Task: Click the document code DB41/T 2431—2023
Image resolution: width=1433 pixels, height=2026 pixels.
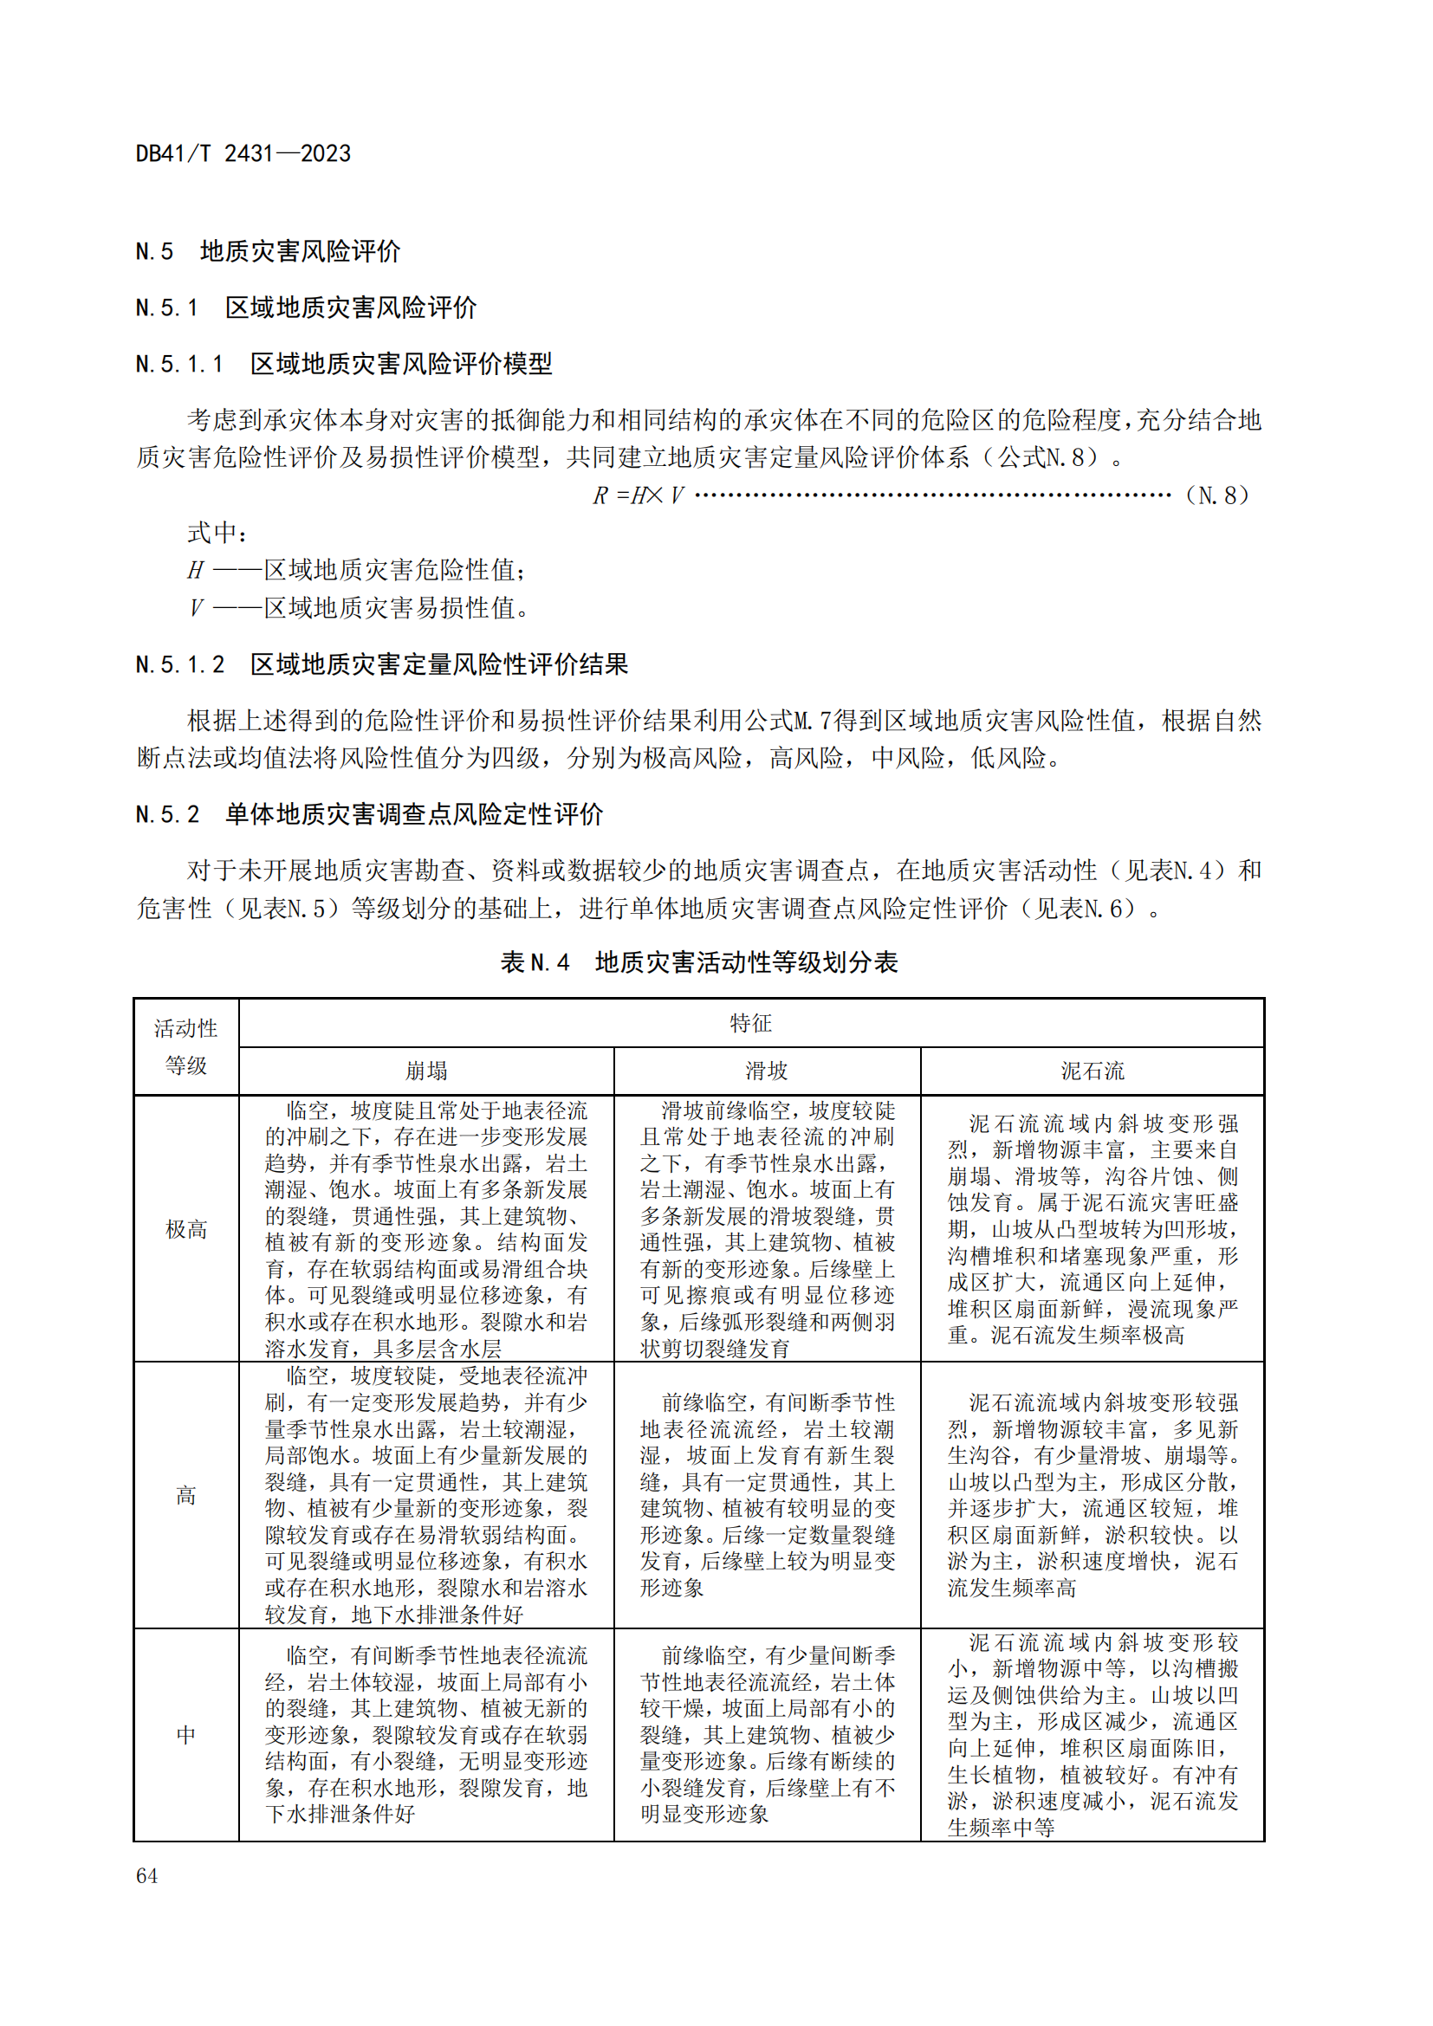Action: [x=243, y=153]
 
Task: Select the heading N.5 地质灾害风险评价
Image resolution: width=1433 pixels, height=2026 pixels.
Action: [x=268, y=251]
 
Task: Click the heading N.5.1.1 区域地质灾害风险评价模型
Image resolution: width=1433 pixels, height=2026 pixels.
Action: [x=343, y=364]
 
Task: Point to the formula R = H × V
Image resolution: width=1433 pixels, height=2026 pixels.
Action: [x=638, y=496]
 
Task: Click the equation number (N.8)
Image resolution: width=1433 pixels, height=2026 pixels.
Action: [x=1216, y=496]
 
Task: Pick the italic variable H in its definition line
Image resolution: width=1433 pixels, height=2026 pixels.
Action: [x=195, y=571]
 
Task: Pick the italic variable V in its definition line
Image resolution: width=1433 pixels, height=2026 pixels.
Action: [x=195, y=608]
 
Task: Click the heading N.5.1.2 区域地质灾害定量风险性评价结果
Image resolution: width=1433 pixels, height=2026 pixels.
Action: [x=381, y=664]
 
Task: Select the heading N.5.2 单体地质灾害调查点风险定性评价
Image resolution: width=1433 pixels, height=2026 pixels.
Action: [x=369, y=813]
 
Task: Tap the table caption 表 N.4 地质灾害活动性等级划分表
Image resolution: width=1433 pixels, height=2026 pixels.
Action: [x=699, y=961]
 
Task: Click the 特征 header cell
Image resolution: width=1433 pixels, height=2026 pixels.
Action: [x=750, y=1024]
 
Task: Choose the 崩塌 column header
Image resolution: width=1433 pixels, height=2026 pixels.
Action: [x=426, y=1071]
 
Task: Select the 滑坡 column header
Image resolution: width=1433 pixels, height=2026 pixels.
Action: [x=766, y=1071]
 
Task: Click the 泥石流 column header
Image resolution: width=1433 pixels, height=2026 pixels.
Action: [x=1092, y=1071]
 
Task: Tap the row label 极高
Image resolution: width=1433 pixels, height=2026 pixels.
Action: [x=186, y=1229]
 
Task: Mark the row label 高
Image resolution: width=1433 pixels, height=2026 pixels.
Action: [x=186, y=1496]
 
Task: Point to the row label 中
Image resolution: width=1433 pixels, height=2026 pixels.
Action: [x=186, y=1735]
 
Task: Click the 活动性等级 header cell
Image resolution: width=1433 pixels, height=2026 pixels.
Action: [x=186, y=1046]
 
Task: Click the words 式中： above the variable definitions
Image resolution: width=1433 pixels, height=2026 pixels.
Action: [x=217, y=533]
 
